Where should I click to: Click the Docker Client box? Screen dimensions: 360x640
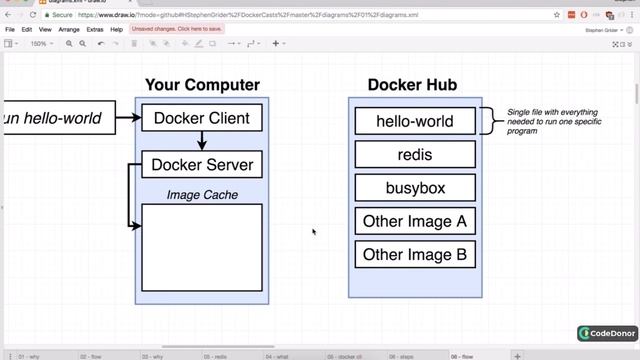click(x=201, y=118)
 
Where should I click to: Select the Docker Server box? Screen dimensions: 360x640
click(x=202, y=165)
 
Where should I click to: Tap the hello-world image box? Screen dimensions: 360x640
click(x=414, y=121)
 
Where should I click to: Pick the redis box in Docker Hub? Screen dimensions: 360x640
click(x=414, y=154)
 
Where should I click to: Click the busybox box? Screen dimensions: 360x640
click(x=414, y=187)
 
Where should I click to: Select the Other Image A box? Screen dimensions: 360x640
click(x=414, y=221)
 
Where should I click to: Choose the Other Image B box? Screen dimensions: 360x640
click(x=414, y=254)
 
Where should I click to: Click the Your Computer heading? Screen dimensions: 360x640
click(x=202, y=85)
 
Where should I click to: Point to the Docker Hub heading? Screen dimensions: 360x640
click(x=412, y=85)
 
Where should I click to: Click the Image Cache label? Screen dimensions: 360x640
click(x=202, y=194)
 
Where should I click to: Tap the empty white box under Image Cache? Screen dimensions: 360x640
click(x=202, y=247)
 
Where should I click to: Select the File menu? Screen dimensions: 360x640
click(x=10, y=30)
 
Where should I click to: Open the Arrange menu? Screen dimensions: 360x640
click(x=69, y=30)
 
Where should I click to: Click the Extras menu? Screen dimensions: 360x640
click(x=95, y=30)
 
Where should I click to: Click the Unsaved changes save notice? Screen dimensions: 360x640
click(x=177, y=30)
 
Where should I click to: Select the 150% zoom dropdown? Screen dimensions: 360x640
click(x=39, y=44)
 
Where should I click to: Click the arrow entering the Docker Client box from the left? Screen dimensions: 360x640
click(x=125, y=118)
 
